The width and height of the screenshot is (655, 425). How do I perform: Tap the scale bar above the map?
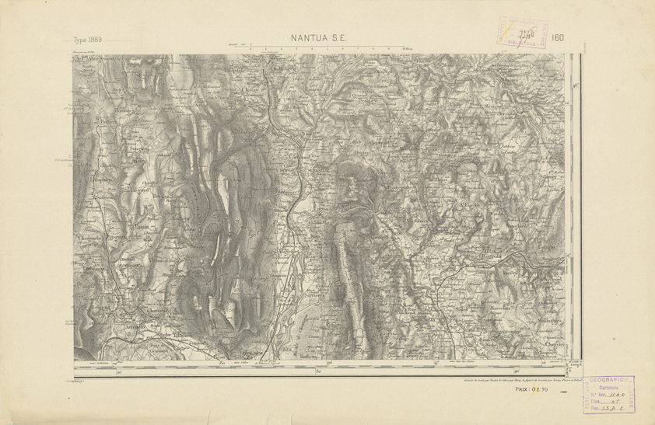(320, 48)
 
